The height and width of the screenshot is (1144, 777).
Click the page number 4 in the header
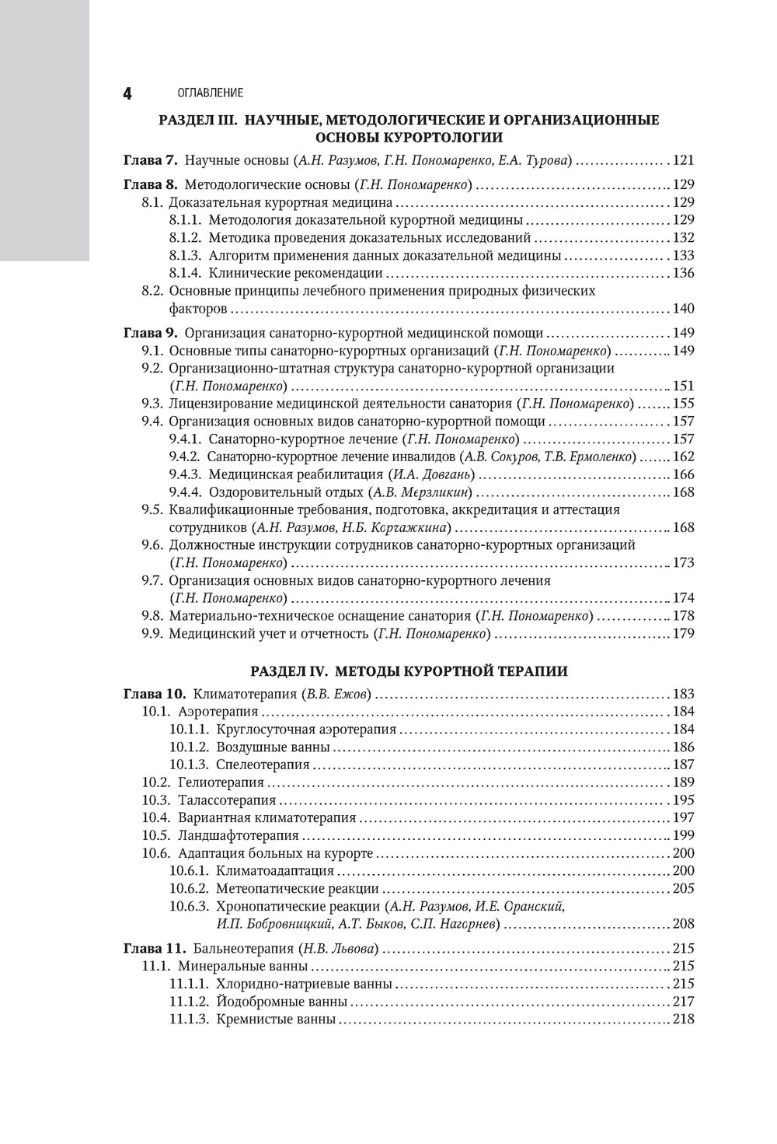[127, 93]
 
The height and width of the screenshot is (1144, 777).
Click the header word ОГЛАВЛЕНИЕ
[211, 93]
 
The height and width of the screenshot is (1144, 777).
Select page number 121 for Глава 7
[682, 161]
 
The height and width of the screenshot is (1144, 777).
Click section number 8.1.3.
[186, 255]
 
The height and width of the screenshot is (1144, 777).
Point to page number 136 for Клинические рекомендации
[683, 273]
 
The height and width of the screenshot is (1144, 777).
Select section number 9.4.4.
[186, 492]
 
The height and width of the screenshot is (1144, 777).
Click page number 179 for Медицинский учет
[683, 634]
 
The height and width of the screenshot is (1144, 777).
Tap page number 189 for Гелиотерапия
[683, 782]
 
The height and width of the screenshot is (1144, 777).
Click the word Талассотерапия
[227, 800]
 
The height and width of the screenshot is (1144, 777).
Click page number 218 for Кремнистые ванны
[683, 1020]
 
